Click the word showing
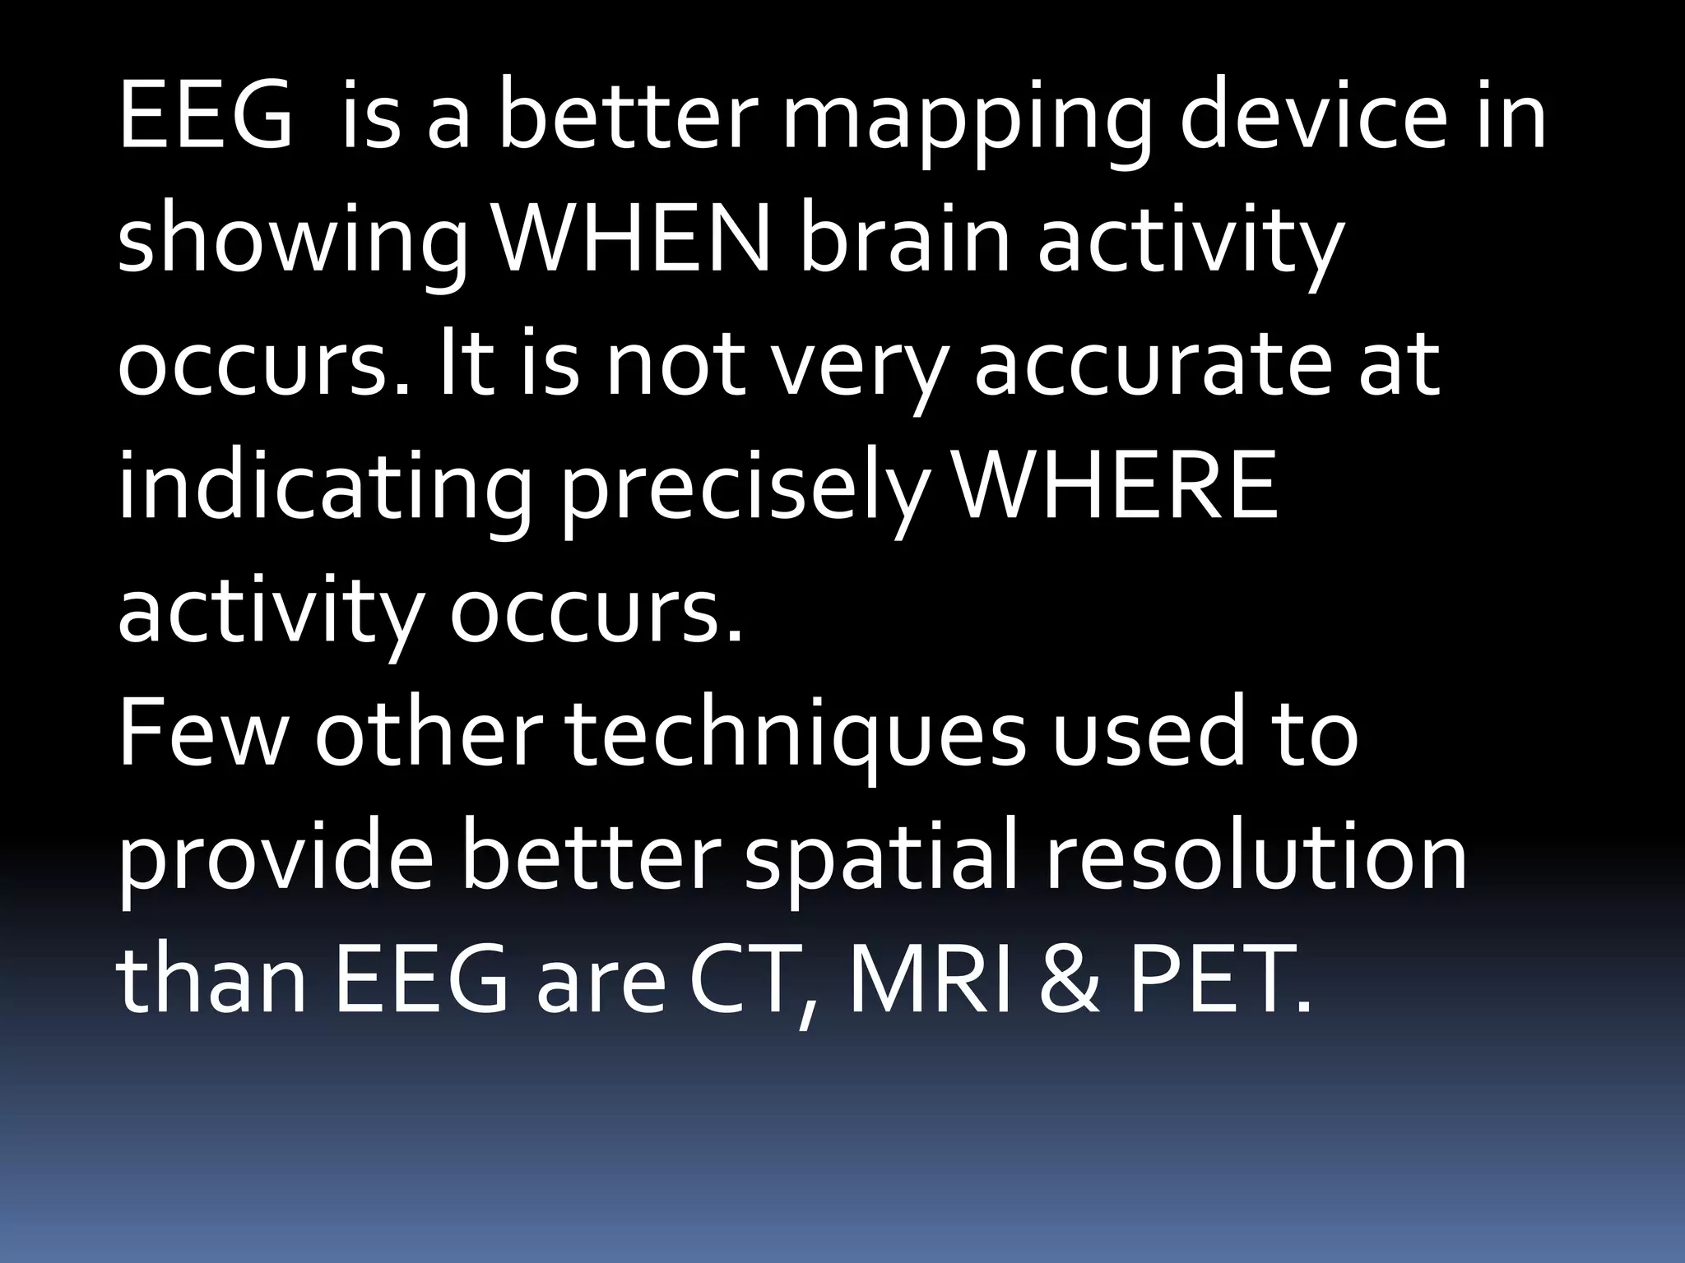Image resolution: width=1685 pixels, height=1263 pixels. coord(293,247)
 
